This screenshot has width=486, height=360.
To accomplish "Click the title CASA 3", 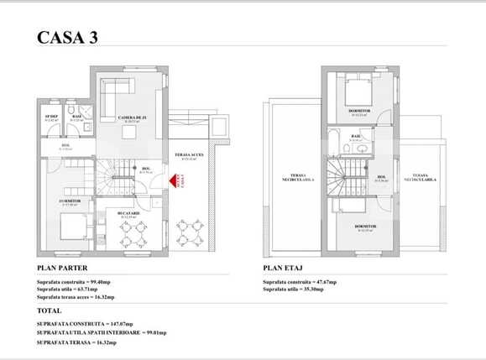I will point(73,37).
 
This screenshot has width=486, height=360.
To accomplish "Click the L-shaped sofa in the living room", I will point(112,95).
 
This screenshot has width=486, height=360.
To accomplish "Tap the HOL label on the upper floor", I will point(382,177).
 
